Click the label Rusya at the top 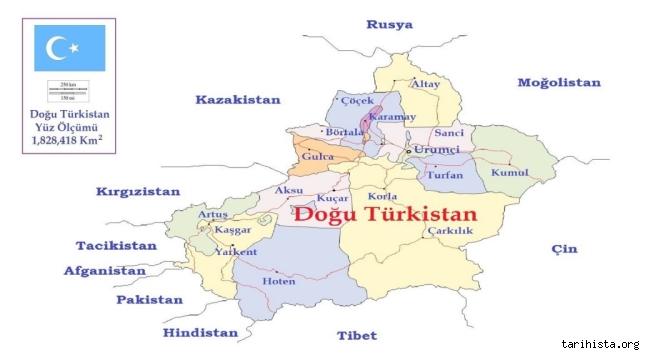[390, 25]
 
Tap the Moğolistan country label [558, 82]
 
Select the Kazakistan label [238, 100]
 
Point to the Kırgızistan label [138, 191]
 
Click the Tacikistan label [117, 245]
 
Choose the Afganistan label [106, 270]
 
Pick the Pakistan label [149, 299]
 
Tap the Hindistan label [201, 332]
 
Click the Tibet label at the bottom [356, 335]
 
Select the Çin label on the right [564, 249]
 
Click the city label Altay [426, 84]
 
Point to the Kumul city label [509, 174]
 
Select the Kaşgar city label [233, 230]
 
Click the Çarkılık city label [449, 231]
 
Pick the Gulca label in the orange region [316, 159]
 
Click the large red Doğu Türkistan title [386, 213]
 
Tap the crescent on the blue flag [56, 46]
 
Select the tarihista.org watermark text [603, 345]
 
